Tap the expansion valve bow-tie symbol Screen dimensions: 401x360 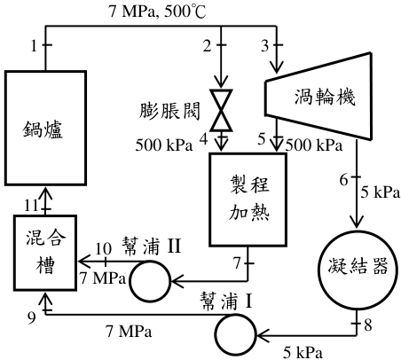(x=221, y=110)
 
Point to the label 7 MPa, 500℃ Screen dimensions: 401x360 (x=158, y=12)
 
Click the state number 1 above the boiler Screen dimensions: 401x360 (x=35, y=46)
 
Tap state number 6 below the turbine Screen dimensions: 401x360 (x=343, y=180)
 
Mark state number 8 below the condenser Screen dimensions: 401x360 (x=367, y=325)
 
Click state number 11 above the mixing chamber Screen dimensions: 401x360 (x=32, y=205)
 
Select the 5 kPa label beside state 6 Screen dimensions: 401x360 (x=380, y=192)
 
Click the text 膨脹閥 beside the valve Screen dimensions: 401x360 (x=169, y=111)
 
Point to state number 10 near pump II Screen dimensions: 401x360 (x=103, y=249)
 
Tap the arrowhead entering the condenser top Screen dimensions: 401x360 (x=357, y=222)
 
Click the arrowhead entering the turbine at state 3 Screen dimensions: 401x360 (x=276, y=67)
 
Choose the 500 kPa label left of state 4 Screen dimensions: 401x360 (x=164, y=145)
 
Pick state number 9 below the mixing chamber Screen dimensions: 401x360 (x=32, y=317)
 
